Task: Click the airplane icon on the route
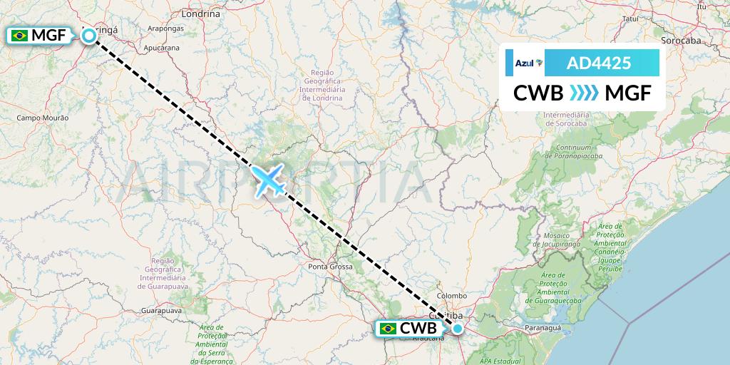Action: pos(269,179)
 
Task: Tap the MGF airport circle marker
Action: pos(89,35)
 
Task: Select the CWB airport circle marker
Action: pos(458,329)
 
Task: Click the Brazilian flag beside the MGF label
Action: pos(20,35)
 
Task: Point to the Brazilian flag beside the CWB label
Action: pos(389,329)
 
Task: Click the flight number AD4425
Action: pos(599,63)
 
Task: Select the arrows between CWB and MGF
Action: pos(584,93)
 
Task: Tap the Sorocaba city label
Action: pos(682,41)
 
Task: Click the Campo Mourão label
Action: pos(42,117)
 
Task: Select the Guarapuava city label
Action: pos(162,312)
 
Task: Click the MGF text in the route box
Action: pos(627,93)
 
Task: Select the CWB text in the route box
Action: pos(539,93)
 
